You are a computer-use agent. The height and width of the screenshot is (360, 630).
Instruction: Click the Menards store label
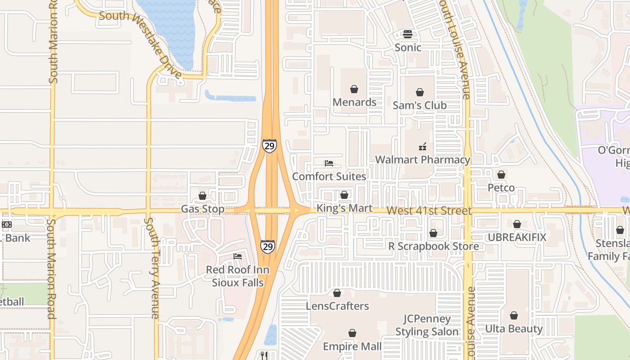[x=354, y=102]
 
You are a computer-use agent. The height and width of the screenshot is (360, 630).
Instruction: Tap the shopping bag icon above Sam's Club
[x=419, y=92]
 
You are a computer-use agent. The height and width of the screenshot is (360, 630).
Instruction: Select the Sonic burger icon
[x=408, y=34]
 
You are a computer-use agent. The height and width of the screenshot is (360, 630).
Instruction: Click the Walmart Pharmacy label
[x=423, y=160]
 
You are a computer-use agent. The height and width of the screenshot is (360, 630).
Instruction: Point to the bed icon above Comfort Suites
[x=329, y=163]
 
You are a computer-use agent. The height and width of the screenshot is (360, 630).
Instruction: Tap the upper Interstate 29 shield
[x=269, y=146]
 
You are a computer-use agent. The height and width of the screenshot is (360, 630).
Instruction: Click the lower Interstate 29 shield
[x=267, y=247]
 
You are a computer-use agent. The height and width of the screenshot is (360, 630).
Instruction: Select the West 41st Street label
[x=429, y=211]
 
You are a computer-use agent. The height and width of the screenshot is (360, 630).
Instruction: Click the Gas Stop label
[x=202, y=209]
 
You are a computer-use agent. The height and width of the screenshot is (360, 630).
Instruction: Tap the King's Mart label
[x=344, y=208]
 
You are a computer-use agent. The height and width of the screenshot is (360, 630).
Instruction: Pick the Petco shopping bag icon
[x=501, y=175]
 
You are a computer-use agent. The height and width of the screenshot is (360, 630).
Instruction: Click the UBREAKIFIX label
[x=517, y=237]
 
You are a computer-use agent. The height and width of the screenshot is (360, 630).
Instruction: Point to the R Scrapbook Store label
[x=434, y=246]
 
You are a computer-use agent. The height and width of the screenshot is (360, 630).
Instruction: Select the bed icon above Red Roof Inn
[x=238, y=256]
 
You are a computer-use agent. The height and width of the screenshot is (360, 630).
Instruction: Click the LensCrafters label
[x=337, y=306]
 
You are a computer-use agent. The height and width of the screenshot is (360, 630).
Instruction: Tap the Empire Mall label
[x=352, y=346]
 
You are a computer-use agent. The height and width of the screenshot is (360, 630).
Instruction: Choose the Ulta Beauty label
[x=513, y=328]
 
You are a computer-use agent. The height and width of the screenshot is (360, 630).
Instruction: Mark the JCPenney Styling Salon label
[x=427, y=325]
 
